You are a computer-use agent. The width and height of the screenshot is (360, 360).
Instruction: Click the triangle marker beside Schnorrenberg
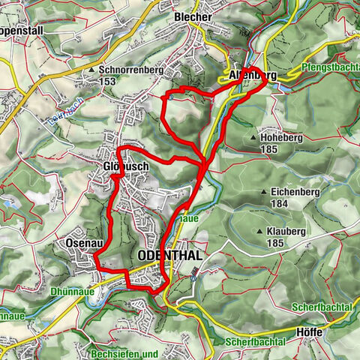pyautogui.click(x=93, y=70)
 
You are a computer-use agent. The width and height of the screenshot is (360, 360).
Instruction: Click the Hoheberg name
pyautogui.click(x=280, y=138)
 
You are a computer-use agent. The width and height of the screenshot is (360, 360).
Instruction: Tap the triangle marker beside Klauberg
pyautogui.click(x=259, y=233)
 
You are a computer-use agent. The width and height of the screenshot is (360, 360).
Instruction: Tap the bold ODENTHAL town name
pyautogui.click(x=170, y=256)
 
